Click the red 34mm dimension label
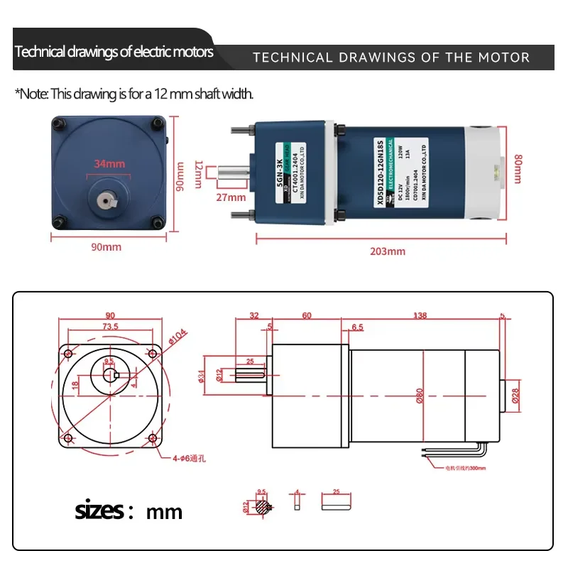[109, 163]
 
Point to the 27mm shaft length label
[231, 197]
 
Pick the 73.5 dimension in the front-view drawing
[110, 326]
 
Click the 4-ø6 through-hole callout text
[185, 459]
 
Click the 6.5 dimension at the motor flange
[358, 327]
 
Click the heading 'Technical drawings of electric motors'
[114, 52]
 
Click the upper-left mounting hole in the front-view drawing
[70, 354]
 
